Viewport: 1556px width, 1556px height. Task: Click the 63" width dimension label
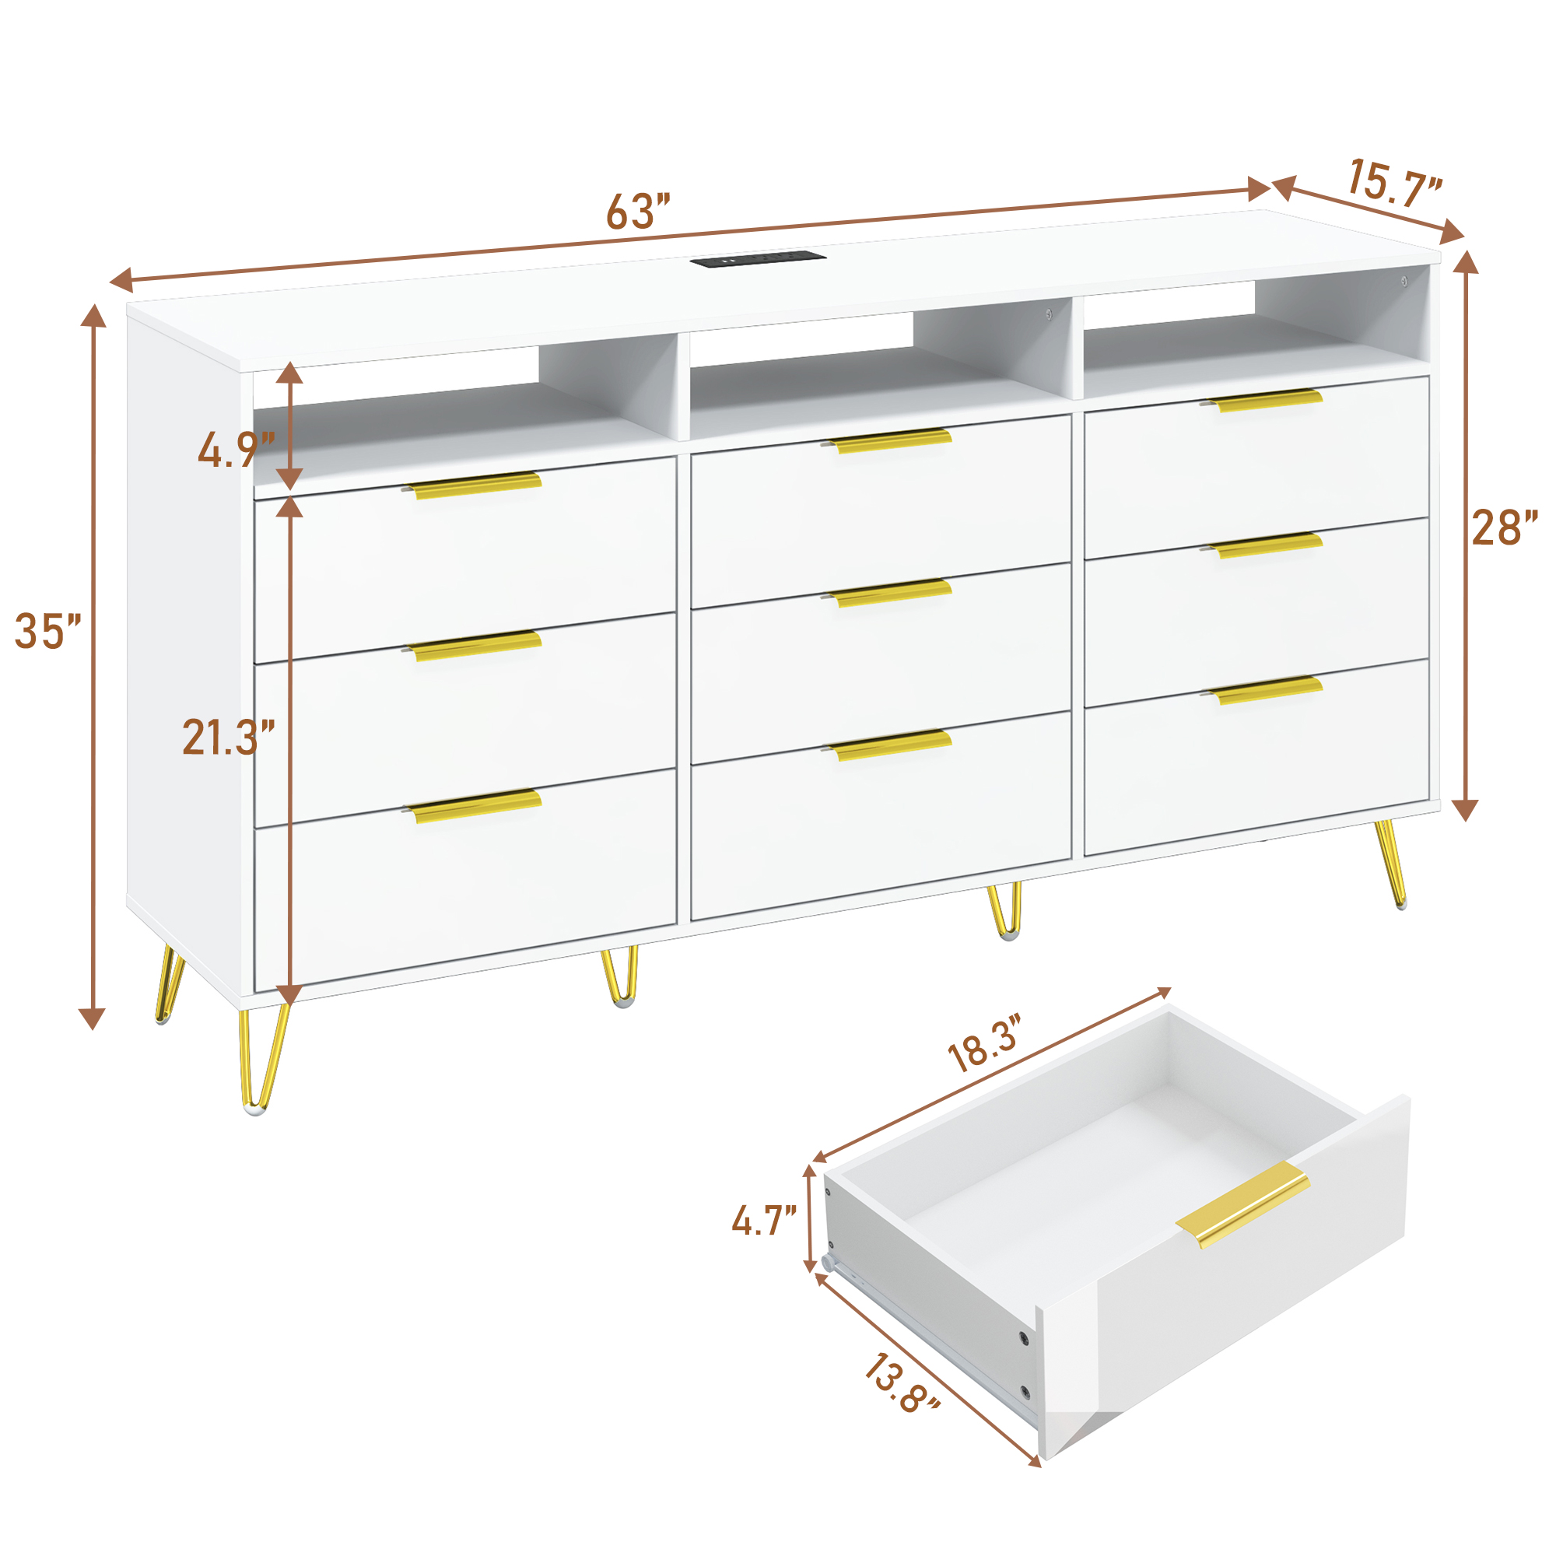click(x=638, y=212)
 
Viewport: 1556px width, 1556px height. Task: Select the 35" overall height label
click(x=48, y=631)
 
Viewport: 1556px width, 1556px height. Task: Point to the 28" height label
click(x=1505, y=528)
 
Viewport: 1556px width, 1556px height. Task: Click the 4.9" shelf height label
click(x=235, y=450)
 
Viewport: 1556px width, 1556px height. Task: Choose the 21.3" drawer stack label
click(x=229, y=737)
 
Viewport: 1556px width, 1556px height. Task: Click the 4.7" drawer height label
click(x=763, y=1221)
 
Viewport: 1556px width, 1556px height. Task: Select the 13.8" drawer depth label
click(x=901, y=1383)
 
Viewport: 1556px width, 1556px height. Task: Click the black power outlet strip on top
click(x=758, y=260)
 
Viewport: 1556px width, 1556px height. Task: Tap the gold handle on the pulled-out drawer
click(x=1241, y=1204)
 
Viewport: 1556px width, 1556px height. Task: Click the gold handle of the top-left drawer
click(x=475, y=485)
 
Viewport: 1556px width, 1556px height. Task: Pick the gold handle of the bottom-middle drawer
click(x=889, y=746)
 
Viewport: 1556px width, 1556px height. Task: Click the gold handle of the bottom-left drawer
click(x=475, y=806)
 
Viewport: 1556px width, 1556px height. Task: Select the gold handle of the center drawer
click(x=889, y=593)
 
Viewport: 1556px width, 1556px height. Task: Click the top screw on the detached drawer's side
click(x=1023, y=1337)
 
